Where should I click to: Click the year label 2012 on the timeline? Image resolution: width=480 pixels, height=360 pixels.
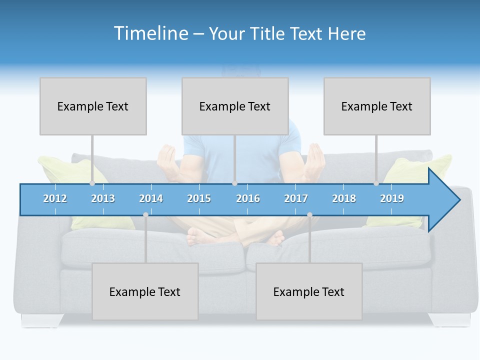click(55, 198)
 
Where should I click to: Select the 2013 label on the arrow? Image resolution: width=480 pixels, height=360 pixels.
click(103, 198)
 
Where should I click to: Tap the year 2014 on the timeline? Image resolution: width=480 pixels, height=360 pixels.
click(151, 198)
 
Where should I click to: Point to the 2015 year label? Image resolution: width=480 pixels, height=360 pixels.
click(199, 198)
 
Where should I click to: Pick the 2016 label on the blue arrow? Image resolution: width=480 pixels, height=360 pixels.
click(248, 198)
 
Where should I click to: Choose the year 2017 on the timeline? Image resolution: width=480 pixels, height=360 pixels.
click(296, 198)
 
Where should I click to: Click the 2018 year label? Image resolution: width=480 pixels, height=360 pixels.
click(344, 198)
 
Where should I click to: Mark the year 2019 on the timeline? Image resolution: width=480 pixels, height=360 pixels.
click(392, 198)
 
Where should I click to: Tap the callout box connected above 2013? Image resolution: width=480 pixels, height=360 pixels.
click(93, 106)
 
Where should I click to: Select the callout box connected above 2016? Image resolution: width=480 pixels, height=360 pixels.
click(235, 106)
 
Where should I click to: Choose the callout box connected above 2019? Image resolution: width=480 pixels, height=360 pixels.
click(377, 106)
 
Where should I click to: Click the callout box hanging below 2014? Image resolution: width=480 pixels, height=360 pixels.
click(145, 291)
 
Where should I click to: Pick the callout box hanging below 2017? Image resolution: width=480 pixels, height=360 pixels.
click(309, 291)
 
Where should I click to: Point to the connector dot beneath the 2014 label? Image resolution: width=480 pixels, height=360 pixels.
click(145, 214)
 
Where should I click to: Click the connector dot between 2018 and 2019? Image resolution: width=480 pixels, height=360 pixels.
click(376, 183)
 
